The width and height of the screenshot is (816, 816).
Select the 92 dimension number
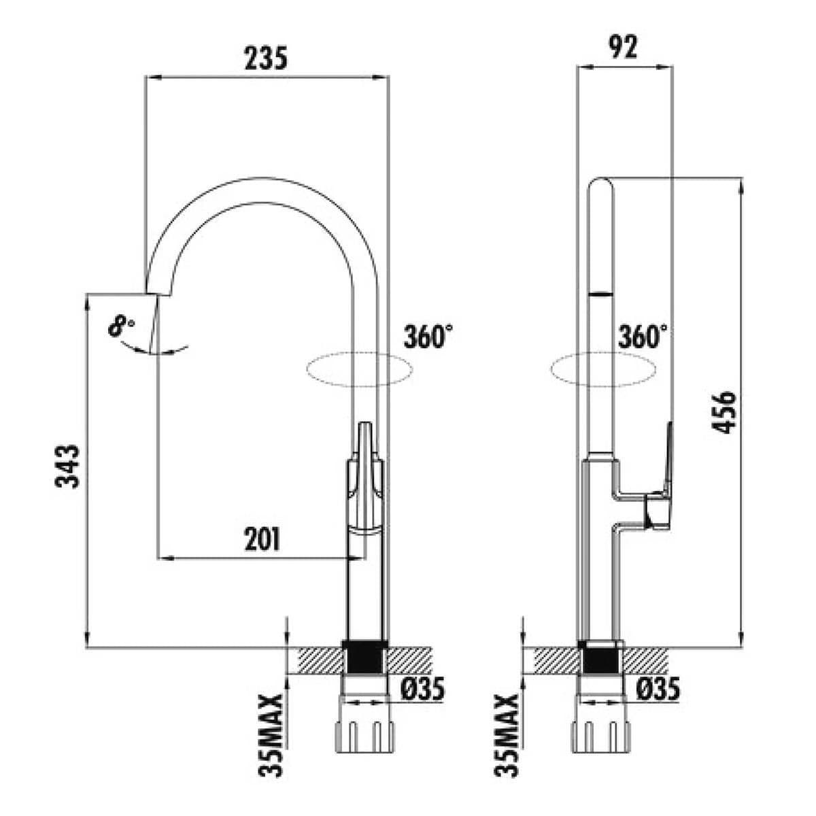[623, 47]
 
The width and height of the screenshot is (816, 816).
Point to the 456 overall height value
[724, 413]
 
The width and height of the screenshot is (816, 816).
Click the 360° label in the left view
[428, 336]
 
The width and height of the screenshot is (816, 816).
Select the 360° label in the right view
[643, 336]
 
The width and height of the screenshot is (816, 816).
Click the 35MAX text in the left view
[271, 735]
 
